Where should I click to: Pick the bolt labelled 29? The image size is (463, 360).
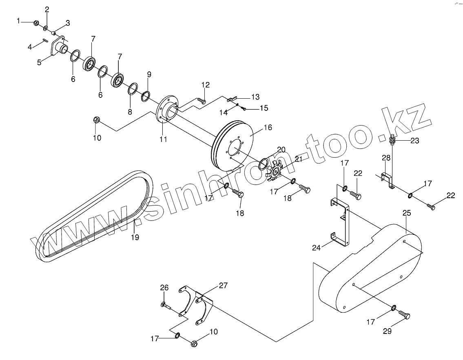[404, 315]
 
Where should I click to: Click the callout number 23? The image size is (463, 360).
[415, 141]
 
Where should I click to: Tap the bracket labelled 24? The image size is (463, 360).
[341, 220]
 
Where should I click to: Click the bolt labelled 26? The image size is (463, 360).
[166, 305]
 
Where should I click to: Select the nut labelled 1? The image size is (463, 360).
[36, 22]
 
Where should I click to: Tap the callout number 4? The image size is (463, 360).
[30, 47]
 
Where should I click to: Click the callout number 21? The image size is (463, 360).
[299, 159]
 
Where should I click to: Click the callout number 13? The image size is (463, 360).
[255, 97]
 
